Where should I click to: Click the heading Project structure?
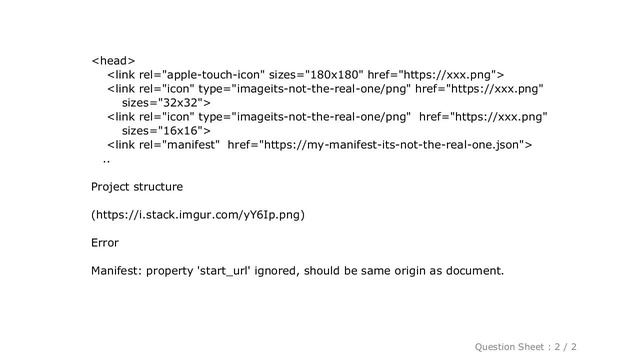coord(137,187)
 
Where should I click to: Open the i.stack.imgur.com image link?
coord(198,215)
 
